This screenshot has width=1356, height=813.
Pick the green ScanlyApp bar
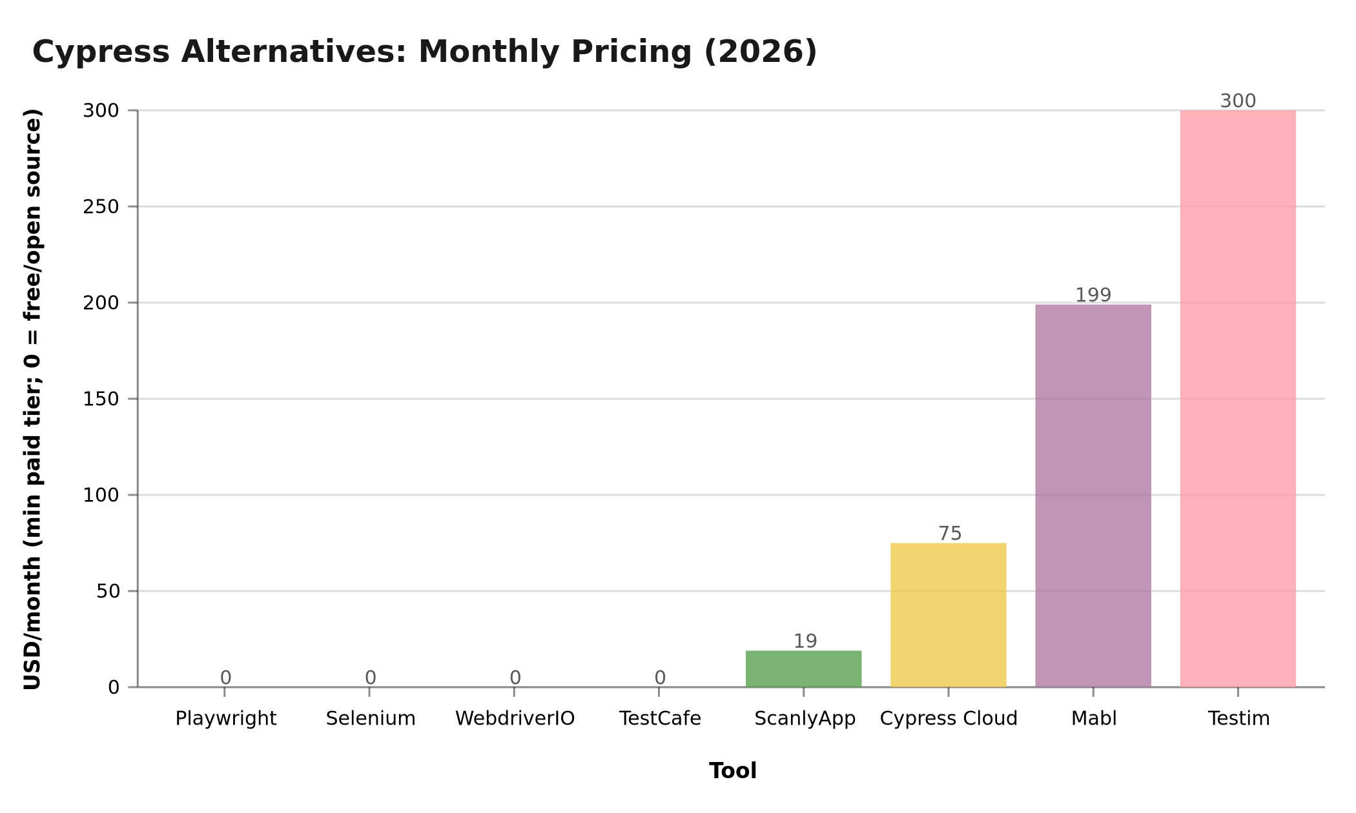[803, 669]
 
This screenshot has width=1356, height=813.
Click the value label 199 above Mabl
[1093, 296]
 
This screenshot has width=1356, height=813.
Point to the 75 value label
[950, 534]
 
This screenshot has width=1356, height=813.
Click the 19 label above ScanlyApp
[805, 641]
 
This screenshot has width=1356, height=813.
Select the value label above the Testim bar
[1238, 101]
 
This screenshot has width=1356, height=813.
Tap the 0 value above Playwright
[225, 677]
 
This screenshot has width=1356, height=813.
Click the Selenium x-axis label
[371, 719]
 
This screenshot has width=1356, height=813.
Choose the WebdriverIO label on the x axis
[515, 719]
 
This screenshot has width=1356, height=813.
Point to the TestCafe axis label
[660, 719]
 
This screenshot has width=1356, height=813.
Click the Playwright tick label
[226, 719]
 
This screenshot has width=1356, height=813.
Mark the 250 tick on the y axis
[101, 207]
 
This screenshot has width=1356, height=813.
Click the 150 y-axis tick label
[101, 399]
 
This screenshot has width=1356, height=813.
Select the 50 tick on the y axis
[108, 592]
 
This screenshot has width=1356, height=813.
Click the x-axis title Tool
[733, 771]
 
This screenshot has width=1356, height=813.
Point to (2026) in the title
[760, 52]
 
